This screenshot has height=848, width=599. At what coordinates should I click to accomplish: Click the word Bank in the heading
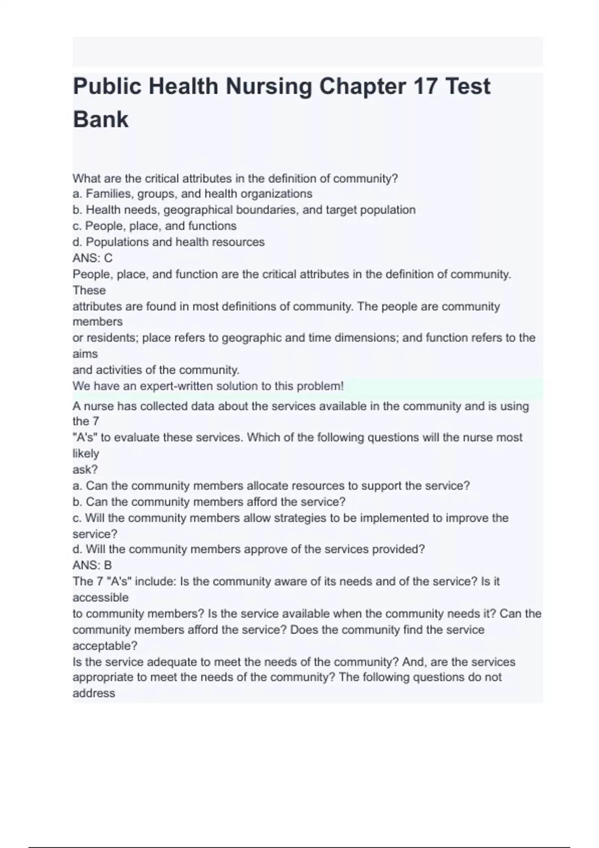click(101, 120)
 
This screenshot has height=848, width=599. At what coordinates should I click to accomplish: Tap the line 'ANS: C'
click(92, 258)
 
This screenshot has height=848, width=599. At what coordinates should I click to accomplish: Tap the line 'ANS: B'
click(92, 565)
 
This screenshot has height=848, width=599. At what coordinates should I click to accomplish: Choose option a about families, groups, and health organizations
click(192, 194)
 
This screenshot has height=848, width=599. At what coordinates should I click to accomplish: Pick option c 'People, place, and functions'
click(154, 226)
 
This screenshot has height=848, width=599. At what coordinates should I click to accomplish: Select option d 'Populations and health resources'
click(168, 242)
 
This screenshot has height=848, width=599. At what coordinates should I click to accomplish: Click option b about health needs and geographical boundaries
click(244, 210)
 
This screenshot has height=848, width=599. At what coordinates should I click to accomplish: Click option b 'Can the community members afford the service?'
click(209, 502)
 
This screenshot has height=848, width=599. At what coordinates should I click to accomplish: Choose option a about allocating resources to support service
click(271, 486)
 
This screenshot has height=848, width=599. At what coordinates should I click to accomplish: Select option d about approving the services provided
click(249, 549)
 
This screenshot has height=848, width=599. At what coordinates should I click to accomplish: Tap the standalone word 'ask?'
click(85, 469)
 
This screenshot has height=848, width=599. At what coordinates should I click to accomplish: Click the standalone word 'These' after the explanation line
click(89, 290)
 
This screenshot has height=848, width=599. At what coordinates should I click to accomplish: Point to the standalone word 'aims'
click(85, 354)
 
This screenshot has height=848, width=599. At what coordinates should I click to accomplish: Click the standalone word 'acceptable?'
click(105, 645)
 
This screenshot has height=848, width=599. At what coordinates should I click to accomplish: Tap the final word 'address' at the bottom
click(94, 693)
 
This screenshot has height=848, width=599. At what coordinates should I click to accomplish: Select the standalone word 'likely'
click(86, 453)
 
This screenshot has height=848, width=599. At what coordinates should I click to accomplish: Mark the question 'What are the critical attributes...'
click(235, 178)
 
